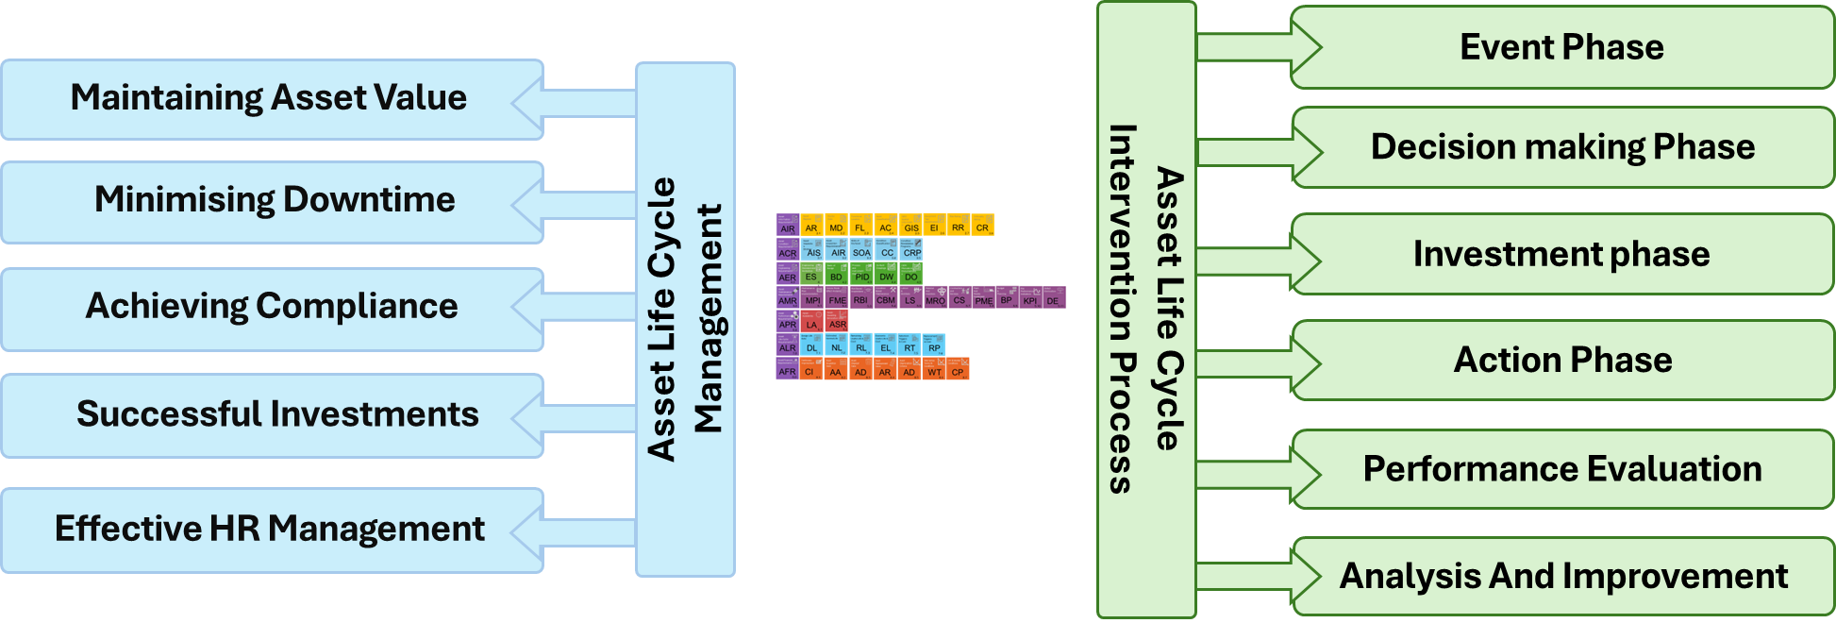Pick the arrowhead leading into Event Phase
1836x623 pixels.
pyautogui.click(x=1307, y=47)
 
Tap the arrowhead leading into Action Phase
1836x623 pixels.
pyautogui.click(x=1307, y=362)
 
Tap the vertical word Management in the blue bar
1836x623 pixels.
pyautogui.click(x=708, y=319)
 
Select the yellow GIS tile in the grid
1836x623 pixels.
pyautogui.click(x=910, y=226)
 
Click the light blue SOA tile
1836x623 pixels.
pyautogui.click(x=861, y=250)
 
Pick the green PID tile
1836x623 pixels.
pyautogui.click(x=861, y=275)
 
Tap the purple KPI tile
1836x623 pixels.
pyautogui.click(x=1030, y=298)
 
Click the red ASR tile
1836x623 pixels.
pyautogui.click(x=837, y=322)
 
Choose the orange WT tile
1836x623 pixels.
pyautogui.click(x=934, y=370)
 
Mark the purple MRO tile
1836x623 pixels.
pyautogui.click(x=935, y=298)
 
